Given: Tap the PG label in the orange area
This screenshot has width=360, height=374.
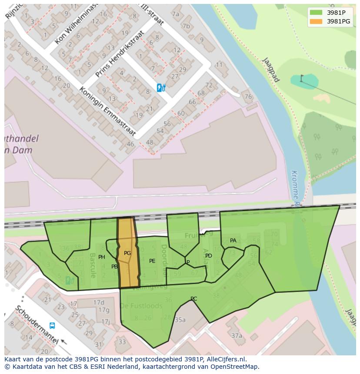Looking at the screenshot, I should click(x=127, y=253).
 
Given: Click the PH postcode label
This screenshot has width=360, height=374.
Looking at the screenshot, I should click(x=102, y=257).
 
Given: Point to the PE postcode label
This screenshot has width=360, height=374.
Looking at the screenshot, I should click(x=152, y=261).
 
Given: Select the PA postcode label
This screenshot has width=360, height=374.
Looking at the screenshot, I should click(x=233, y=241).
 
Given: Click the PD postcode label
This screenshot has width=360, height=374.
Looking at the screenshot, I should click(x=209, y=256).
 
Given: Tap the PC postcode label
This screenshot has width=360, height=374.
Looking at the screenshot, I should click(x=194, y=298).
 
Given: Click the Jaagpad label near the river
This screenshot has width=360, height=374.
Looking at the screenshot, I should click(x=270, y=70).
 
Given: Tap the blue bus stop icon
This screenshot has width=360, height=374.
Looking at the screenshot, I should click(x=52, y=325).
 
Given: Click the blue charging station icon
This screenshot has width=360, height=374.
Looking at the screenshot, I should click(x=161, y=88).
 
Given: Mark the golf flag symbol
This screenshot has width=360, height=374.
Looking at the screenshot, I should click(x=302, y=78).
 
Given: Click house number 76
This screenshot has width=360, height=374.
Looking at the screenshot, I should click(x=248, y=96).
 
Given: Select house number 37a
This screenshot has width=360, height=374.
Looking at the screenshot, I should click(x=237, y=336).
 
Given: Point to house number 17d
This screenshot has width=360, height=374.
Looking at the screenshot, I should click(x=99, y=302).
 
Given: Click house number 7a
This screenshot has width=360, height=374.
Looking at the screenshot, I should click(x=175, y=14).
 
